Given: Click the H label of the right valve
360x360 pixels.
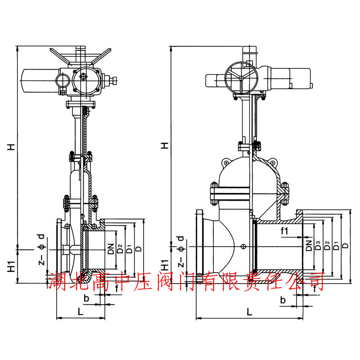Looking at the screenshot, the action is (x=165, y=145).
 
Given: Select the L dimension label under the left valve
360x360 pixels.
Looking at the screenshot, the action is (x=81, y=311).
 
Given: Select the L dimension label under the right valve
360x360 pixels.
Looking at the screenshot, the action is (x=249, y=312).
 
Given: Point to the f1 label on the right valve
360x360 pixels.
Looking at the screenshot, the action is (x=284, y=231).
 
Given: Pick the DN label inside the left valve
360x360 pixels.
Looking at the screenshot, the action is (x=111, y=249).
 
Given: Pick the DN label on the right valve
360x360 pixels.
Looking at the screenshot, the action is (x=309, y=245).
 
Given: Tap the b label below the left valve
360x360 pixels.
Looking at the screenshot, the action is (x=86, y=298).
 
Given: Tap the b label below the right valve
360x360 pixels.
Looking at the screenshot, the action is (x=283, y=300).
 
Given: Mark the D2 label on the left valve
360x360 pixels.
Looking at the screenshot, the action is (x=120, y=249).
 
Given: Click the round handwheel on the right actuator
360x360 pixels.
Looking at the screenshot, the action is (x=241, y=78).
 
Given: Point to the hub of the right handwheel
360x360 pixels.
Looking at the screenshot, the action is (x=241, y=78).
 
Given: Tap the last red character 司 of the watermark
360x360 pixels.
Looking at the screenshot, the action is (x=315, y=282).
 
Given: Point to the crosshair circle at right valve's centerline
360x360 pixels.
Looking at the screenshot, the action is (x=243, y=247).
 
